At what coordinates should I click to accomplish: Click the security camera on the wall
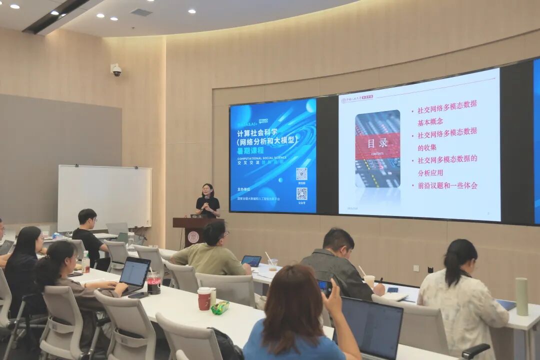click(116, 70)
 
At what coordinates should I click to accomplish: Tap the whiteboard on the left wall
click(104, 197)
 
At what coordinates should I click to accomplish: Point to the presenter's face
click(207, 190)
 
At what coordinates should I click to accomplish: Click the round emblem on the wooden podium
click(193, 237)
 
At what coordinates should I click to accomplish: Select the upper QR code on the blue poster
click(301, 174)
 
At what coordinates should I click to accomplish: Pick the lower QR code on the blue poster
click(301, 194)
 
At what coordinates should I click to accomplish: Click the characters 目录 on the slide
click(377, 143)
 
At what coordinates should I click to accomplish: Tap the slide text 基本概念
click(430, 121)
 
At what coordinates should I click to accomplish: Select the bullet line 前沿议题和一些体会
click(447, 185)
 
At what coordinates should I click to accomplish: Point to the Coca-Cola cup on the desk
click(154, 283)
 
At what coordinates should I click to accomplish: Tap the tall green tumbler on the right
click(521, 296)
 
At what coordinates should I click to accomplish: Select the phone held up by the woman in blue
click(324, 287)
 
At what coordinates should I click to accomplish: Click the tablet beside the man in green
click(251, 261)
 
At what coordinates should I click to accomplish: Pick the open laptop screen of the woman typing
click(134, 273)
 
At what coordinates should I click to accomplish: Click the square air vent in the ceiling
click(141, 12)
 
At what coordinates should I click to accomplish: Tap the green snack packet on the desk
click(220, 308)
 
